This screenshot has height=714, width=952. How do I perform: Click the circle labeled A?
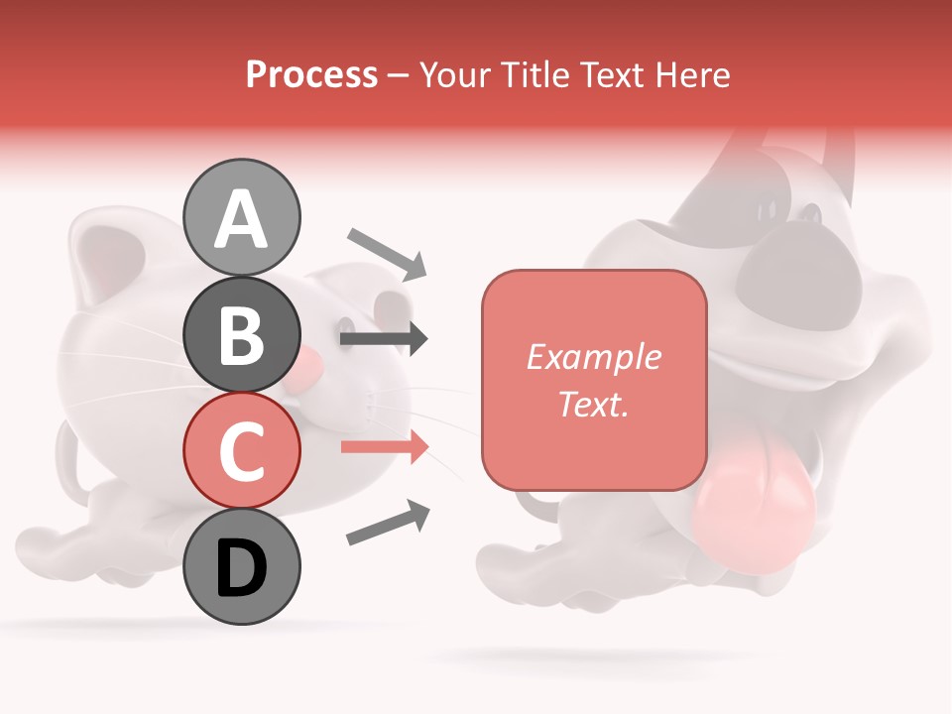pyautogui.click(x=241, y=217)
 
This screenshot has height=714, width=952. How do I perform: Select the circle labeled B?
pyautogui.click(x=241, y=333)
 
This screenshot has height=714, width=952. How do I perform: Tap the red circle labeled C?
pyautogui.click(x=241, y=450)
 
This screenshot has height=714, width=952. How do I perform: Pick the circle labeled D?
pyautogui.click(x=241, y=566)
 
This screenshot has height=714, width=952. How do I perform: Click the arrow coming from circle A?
pyautogui.click(x=387, y=253)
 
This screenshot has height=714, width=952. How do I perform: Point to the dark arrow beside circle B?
pyautogui.click(x=384, y=339)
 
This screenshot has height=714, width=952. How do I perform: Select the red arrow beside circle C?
pyautogui.click(x=384, y=446)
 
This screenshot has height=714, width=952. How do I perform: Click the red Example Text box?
pyautogui.click(x=593, y=380)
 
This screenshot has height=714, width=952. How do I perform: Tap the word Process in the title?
pyautogui.click(x=311, y=74)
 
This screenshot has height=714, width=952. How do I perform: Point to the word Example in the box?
pyautogui.click(x=593, y=357)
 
